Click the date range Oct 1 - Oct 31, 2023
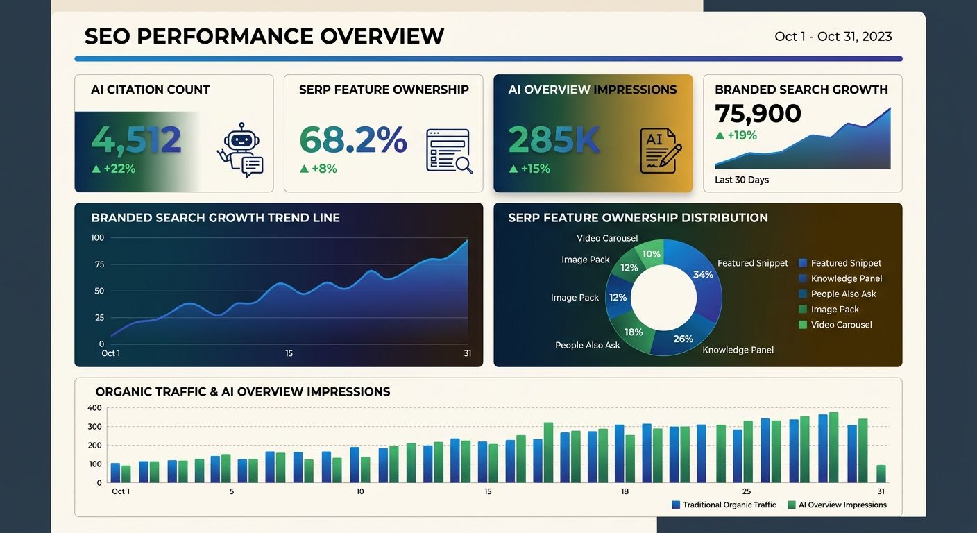(833, 37)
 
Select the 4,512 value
(137, 140)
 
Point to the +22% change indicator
(113, 169)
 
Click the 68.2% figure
(352, 140)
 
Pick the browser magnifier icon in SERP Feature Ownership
(449, 151)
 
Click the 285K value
(554, 140)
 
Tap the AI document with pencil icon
(660, 150)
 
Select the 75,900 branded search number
(758, 113)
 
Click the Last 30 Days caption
(742, 180)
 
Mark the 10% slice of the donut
(651, 253)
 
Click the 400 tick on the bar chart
(94, 408)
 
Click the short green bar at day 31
(881, 473)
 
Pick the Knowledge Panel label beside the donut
(738, 350)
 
